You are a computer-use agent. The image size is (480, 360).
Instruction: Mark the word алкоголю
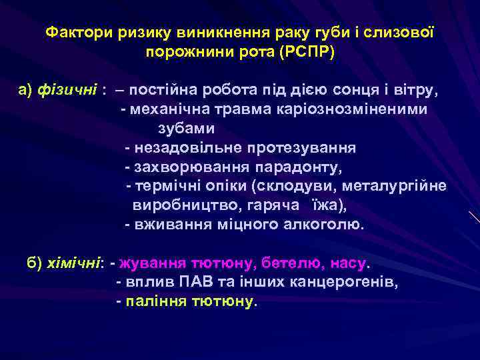point(326,224)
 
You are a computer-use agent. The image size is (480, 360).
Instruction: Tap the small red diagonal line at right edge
point(473,217)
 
